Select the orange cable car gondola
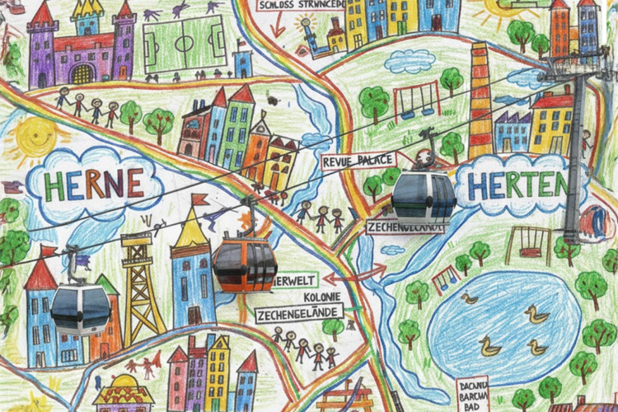pos(244,263)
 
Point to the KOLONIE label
pos(322,297)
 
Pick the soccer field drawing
pos(185,40)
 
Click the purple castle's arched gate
pos(82,74)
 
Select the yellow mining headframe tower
pos(138,284)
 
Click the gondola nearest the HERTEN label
pos(423,198)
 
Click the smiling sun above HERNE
pos(35,136)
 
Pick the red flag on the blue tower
pos(199,199)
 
